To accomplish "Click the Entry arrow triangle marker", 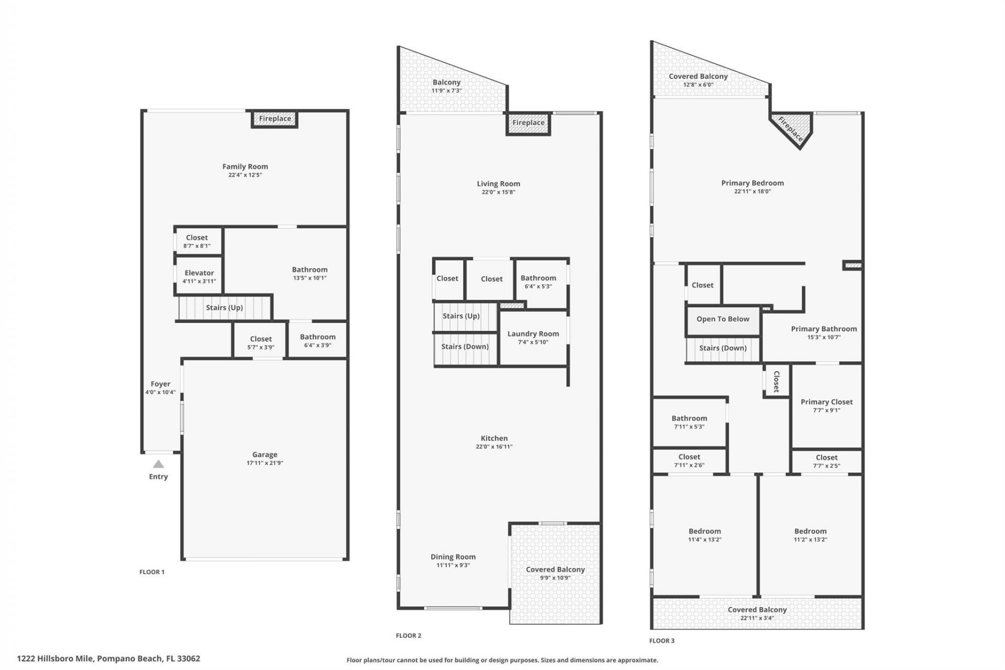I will (158, 464).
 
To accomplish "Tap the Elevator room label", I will (199, 273).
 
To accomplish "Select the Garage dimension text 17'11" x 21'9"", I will (264, 463).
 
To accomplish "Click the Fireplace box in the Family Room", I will (275, 119).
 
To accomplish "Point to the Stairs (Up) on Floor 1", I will (224, 308).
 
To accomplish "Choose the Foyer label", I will (160, 384).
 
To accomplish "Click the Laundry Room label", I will (533, 333).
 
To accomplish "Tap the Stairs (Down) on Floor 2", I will (465, 347).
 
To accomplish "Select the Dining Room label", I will (453, 557).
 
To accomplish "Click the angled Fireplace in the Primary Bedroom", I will (790, 129).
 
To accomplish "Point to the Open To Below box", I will (722, 319).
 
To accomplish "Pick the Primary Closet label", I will (827, 402).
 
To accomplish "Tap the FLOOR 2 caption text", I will (408, 635).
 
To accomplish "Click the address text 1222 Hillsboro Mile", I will (108, 658).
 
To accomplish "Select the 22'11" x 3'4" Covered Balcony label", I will (757, 618).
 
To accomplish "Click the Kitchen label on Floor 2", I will (494, 438).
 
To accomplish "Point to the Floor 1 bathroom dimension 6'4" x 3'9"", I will (317, 345).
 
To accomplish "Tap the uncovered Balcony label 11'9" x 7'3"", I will (446, 91).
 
